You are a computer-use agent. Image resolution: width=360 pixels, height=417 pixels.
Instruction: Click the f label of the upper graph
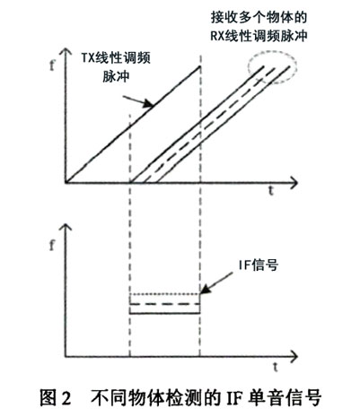point(52,65)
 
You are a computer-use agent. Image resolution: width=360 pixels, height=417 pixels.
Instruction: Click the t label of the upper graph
point(271,190)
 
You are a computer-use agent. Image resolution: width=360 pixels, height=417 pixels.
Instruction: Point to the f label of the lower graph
point(52,245)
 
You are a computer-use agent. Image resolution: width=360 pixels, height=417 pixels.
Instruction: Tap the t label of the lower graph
point(276,366)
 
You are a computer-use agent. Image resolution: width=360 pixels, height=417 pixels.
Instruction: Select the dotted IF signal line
point(164,294)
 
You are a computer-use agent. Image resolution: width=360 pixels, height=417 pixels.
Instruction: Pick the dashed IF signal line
point(164,304)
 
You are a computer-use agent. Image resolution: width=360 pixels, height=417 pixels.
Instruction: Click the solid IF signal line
point(164,313)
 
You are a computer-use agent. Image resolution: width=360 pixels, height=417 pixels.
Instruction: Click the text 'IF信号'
point(258,265)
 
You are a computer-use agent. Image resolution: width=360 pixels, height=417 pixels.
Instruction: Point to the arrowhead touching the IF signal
point(205,290)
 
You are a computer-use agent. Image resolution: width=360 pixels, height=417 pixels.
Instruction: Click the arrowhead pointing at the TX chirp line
point(148,103)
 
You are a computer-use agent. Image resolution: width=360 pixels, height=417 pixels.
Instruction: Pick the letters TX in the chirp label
point(88,58)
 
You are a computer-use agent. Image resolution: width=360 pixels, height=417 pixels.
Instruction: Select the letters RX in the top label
point(217,37)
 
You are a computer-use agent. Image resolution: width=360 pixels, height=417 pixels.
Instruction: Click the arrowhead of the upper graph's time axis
point(294,182)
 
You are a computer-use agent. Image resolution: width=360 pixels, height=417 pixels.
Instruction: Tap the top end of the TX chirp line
point(200,66)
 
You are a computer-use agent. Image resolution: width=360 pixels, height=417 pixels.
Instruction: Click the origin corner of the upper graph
point(66,182)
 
